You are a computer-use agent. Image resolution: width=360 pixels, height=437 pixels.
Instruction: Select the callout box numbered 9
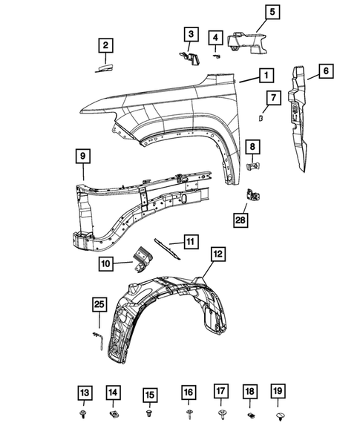[83, 157]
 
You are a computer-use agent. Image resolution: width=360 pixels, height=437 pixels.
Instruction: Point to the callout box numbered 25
[99, 304]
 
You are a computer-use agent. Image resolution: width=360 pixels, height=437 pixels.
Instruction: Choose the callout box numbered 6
[326, 72]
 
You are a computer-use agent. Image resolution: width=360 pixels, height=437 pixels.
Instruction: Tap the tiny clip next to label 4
[217, 55]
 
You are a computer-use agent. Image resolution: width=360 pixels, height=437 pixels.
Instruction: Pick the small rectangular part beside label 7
[261, 116]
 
